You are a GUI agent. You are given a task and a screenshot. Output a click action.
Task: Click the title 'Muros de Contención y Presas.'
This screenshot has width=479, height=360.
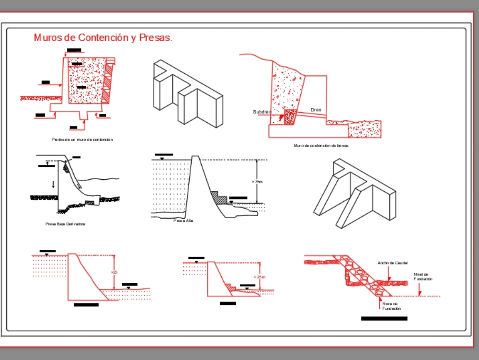(103, 38)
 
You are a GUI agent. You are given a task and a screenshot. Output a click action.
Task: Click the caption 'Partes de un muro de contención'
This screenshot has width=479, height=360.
(82, 139)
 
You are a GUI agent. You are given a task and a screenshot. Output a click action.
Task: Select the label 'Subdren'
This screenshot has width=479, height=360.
(262, 112)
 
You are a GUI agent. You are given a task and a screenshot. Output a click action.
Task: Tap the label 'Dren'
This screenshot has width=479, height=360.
(316, 110)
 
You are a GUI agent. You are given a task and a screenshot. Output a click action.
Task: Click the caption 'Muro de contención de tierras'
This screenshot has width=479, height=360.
(321, 145)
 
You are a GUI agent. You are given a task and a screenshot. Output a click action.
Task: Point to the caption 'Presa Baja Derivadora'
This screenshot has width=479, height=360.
(66, 224)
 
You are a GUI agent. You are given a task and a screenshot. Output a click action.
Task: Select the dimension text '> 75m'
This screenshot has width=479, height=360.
(257, 182)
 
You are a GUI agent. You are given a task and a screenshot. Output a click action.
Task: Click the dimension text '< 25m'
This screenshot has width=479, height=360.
(259, 277)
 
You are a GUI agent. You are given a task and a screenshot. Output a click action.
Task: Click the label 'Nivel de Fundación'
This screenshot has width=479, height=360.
(423, 277)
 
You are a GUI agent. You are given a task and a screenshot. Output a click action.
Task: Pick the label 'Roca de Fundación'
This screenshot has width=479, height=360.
(391, 306)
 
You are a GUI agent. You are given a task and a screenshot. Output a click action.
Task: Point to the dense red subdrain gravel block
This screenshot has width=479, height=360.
(289, 117)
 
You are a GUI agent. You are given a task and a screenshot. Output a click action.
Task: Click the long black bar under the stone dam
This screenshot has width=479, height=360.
(384, 318)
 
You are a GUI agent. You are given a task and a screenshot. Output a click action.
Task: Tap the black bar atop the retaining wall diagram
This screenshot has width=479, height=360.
(74, 51)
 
